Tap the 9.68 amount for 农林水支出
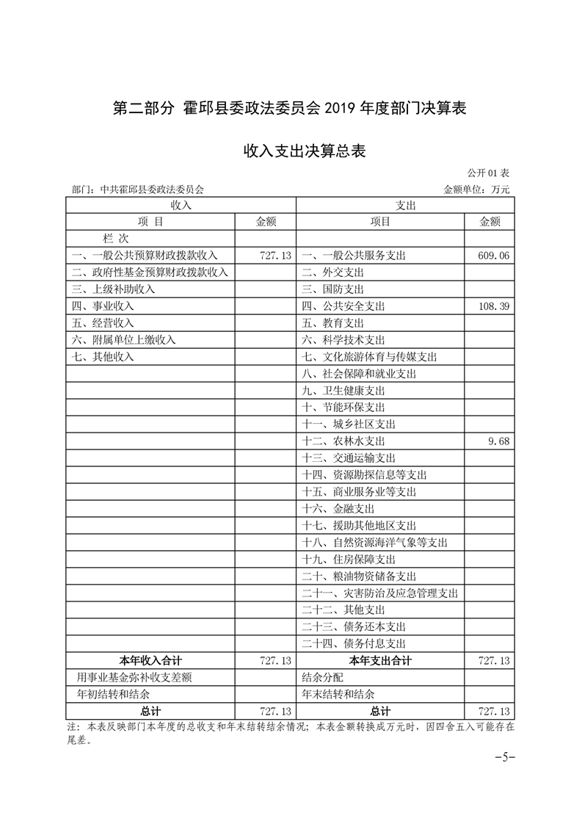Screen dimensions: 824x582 pos(498,441)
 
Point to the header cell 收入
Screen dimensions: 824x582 pos(181,206)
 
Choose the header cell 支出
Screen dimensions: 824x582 pos(404,206)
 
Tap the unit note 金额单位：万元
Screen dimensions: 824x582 pos(476,189)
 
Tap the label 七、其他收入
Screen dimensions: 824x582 pos(103,357)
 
